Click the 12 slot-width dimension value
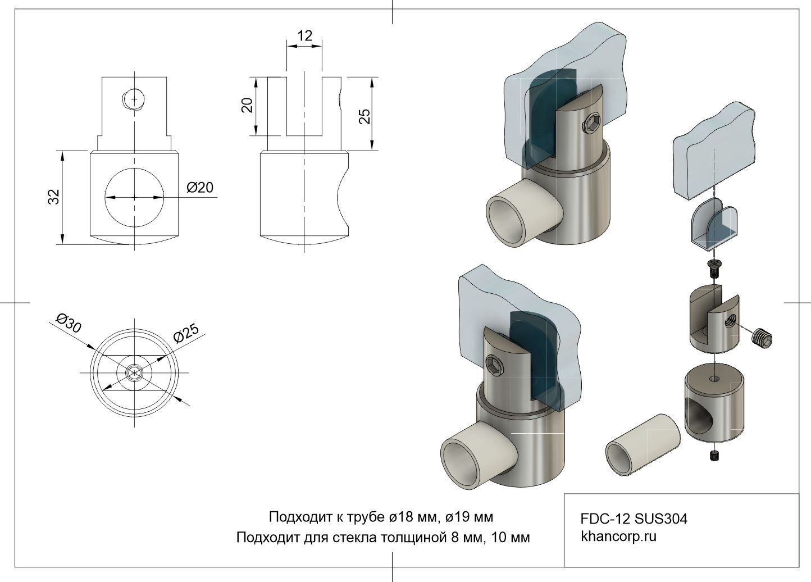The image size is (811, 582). [x=304, y=36]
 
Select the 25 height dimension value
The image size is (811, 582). [x=365, y=116]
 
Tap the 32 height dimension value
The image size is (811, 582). [x=54, y=197]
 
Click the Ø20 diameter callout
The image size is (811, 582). [x=200, y=188]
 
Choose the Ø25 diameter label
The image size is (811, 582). [x=186, y=334]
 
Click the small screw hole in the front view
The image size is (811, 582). [x=134, y=99]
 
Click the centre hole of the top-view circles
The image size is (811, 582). [x=134, y=372]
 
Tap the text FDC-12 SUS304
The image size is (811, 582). [x=634, y=519]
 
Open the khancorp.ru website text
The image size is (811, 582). [x=618, y=536]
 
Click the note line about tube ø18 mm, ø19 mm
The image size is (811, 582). [x=381, y=516]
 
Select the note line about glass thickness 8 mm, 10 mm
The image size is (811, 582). [x=382, y=538]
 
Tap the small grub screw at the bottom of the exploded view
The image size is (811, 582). [x=714, y=456]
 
